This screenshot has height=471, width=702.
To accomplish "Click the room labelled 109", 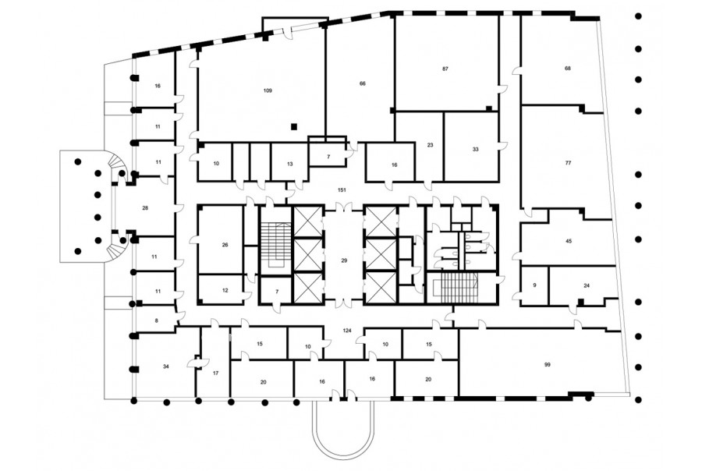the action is [x=268, y=91].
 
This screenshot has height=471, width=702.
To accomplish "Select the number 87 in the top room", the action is [x=445, y=69].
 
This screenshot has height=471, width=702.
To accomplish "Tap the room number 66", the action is [x=363, y=83].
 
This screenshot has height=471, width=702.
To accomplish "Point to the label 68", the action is [x=568, y=69].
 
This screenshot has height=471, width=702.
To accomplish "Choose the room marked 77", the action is [x=568, y=163].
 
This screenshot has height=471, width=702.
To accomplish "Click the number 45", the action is [x=569, y=241].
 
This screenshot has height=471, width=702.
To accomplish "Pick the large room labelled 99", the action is [x=547, y=365].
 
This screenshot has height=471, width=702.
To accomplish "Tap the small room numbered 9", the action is [x=534, y=285].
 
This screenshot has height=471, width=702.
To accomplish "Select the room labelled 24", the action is [x=587, y=285].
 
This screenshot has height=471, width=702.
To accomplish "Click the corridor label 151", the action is [x=342, y=190].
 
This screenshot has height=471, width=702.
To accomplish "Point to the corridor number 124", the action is [x=347, y=331].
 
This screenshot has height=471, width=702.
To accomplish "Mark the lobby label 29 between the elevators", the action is [x=344, y=260].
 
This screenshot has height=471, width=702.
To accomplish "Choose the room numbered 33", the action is [x=476, y=149].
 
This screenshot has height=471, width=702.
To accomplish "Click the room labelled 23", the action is [x=431, y=145].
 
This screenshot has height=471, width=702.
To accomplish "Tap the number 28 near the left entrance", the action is [x=145, y=208].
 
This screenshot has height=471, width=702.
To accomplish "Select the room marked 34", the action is [x=166, y=367].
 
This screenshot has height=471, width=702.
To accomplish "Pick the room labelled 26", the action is [x=225, y=245].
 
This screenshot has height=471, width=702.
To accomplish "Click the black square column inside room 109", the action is [x=294, y=126].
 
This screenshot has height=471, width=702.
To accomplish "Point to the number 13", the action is [x=289, y=164].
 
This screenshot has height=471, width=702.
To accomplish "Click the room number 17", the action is [x=215, y=373].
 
